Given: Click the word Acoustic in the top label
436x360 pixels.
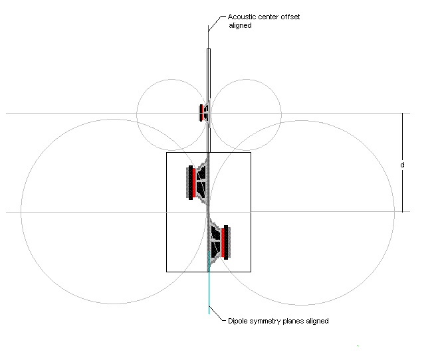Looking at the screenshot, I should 240,17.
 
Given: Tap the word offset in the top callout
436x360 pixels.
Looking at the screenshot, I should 286,17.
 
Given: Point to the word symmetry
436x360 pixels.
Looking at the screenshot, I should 267,321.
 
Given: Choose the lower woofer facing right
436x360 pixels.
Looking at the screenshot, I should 219,241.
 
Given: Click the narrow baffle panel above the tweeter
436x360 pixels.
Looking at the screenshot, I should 209,73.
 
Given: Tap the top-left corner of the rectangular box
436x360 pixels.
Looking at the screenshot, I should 166,153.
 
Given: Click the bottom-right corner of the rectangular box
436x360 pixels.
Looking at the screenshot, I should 251,272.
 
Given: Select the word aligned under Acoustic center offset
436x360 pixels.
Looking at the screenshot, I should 240,26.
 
